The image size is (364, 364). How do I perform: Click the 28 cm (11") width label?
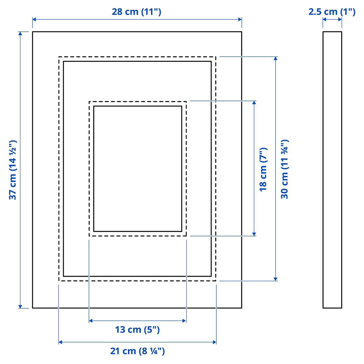(136, 12)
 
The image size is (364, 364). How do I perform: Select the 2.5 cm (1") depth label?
(332, 12)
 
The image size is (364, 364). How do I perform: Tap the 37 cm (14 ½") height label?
(13, 170)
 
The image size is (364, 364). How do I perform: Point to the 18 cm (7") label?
(263, 170)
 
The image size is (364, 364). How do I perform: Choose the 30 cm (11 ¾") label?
(285, 169)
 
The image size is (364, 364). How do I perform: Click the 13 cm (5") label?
(137, 329)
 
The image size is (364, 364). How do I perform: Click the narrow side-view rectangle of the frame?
(332, 170)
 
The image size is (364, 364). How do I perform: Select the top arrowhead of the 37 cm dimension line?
(20, 33)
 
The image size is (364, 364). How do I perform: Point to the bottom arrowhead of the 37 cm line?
(20, 307)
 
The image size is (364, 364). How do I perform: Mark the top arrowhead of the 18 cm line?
(254, 103)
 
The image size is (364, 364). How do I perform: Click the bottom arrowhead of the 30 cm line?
(276, 279)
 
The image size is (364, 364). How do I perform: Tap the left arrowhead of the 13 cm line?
(91, 321)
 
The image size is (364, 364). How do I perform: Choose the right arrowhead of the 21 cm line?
(214, 342)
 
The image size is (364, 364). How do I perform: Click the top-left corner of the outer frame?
(32, 32)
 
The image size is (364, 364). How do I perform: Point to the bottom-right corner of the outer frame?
(242, 308)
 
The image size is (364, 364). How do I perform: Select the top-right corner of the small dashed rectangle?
(186, 101)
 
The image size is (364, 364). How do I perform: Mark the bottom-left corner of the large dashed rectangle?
(59, 281)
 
